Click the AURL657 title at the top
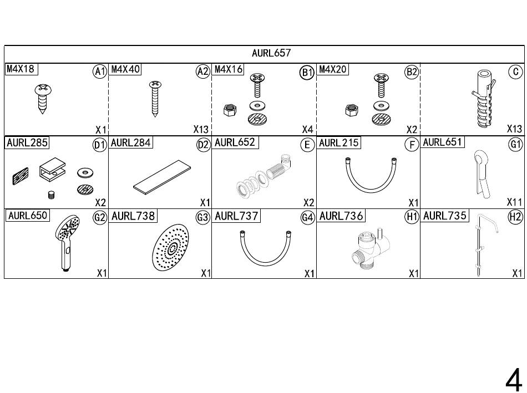[271, 53]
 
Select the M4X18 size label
[21, 69]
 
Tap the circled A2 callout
[202, 72]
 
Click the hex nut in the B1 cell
[230, 110]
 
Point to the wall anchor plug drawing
[484, 99]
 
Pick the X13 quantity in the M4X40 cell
[201, 129]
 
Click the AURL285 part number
[27, 142]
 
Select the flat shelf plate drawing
[161, 177]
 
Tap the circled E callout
[307, 145]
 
